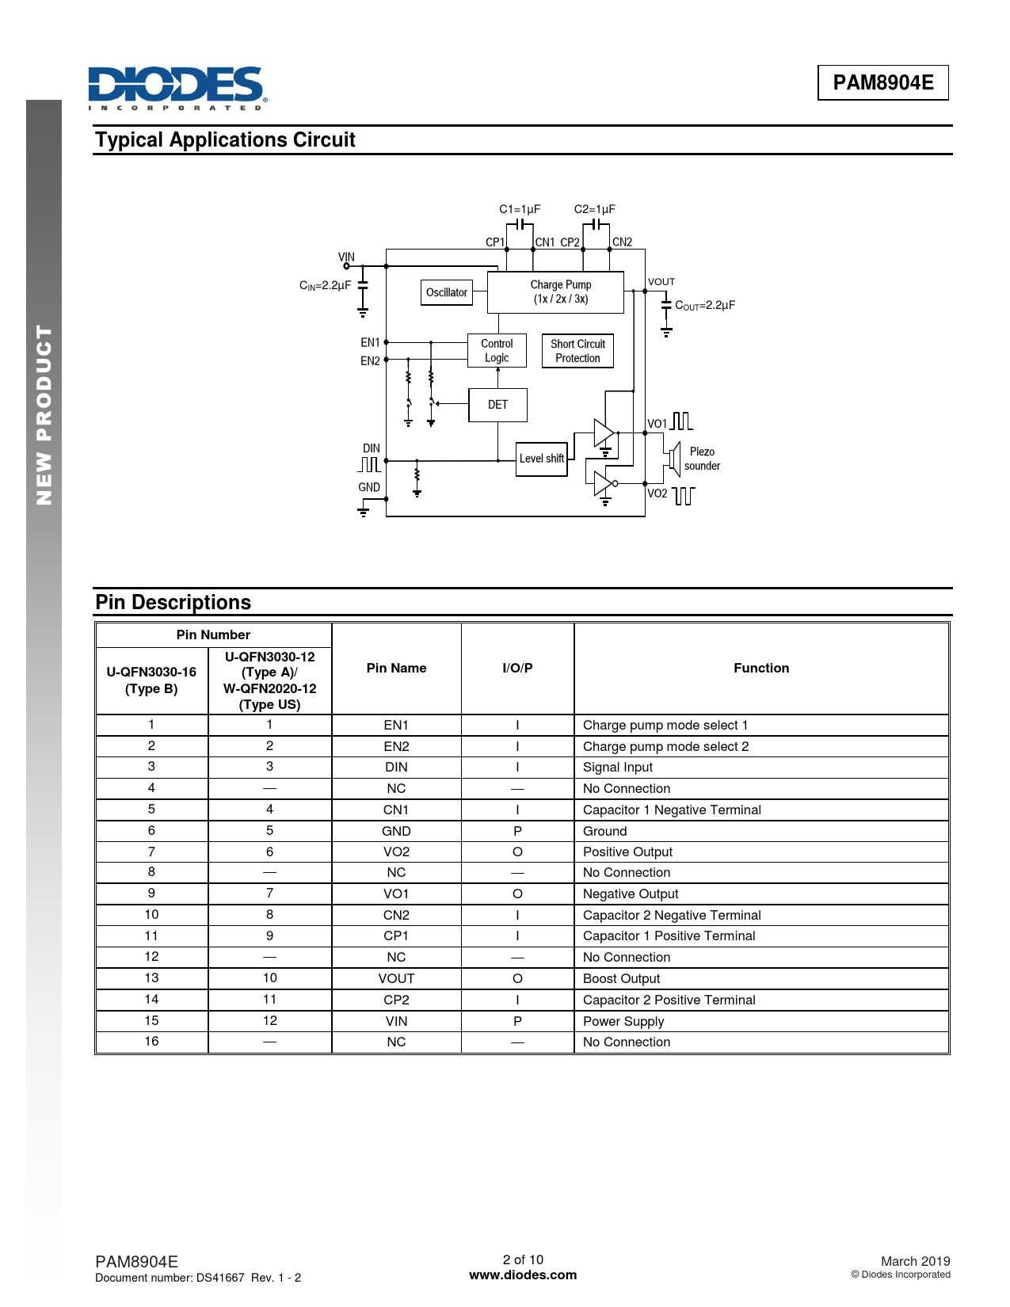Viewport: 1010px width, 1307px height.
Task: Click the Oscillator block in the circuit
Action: click(x=447, y=292)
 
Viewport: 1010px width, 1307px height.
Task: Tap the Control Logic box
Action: click(x=497, y=350)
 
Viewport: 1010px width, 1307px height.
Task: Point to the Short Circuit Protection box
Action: click(x=577, y=351)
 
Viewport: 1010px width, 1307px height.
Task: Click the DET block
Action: click(x=497, y=405)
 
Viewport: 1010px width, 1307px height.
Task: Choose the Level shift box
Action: click(x=542, y=459)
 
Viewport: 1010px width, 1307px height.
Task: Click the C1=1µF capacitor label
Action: click(x=520, y=209)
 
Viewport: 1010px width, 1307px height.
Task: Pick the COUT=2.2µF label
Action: click(x=704, y=305)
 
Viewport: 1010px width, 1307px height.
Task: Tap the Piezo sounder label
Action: click(x=702, y=459)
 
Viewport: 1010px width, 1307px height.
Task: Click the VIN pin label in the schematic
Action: click(x=346, y=257)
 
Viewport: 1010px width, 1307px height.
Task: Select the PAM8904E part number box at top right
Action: click(x=882, y=82)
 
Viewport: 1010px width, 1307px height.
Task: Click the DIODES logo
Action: click(x=177, y=88)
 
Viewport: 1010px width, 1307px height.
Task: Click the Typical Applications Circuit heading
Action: click(x=225, y=140)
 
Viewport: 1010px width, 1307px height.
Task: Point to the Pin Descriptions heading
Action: click(x=173, y=602)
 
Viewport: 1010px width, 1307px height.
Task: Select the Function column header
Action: click(x=760, y=668)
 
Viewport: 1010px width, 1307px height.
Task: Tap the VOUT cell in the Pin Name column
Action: click(x=396, y=978)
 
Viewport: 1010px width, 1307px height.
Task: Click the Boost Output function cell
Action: click(x=621, y=978)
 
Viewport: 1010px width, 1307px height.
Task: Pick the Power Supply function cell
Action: click(x=623, y=1021)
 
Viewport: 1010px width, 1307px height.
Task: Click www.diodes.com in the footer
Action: click(x=523, y=1275)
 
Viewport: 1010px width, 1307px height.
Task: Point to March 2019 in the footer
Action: click(x=915, y=1261)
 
